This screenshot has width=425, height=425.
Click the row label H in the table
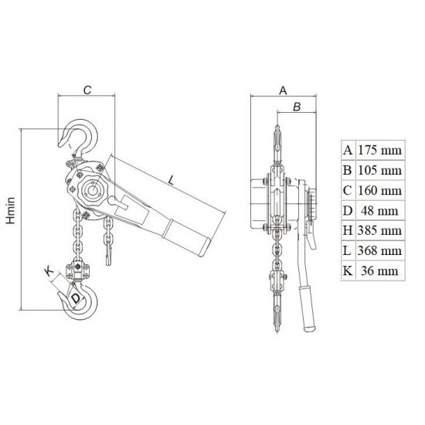pos(348,230)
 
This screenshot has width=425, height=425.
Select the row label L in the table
pos(348,250)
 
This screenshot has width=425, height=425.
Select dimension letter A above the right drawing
pos(283,90)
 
